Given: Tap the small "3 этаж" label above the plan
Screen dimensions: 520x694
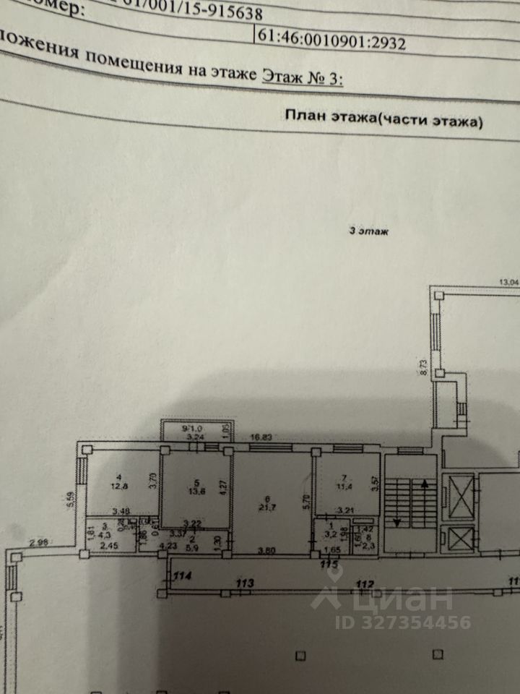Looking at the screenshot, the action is click(368, 232).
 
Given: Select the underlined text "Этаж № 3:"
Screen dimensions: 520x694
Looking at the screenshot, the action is click(302, 77).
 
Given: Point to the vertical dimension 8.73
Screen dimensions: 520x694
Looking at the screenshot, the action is click(425, 366).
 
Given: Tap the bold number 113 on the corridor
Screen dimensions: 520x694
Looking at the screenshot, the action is click(250, 582).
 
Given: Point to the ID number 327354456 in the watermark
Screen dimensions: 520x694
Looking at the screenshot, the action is click(405, 622).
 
